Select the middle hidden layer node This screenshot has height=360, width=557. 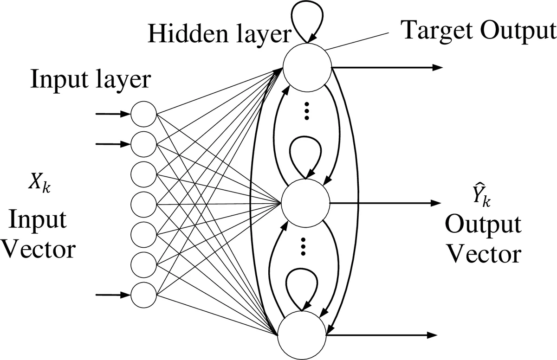tap(305, 203)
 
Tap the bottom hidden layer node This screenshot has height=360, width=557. tap(301, 335)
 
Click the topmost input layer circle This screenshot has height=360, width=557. tap(144, 114)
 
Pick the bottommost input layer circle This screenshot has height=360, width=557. tap(144, 295)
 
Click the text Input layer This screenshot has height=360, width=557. tap(91, 79)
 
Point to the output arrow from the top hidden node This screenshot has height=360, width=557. tap(385, 67)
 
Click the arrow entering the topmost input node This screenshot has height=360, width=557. tap(112, 114)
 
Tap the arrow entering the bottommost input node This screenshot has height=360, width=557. tap(112, 295)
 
